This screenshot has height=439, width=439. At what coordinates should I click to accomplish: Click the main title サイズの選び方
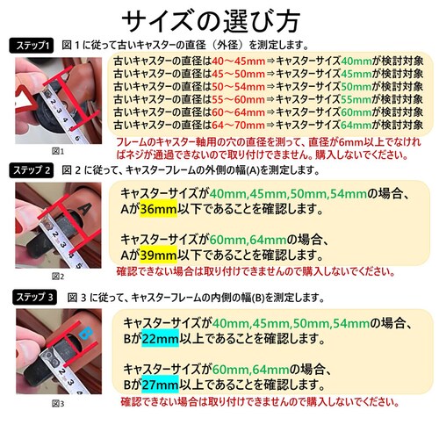(x=219, y=20)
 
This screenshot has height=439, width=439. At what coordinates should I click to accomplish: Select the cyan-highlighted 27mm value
(x=158, y=385)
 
